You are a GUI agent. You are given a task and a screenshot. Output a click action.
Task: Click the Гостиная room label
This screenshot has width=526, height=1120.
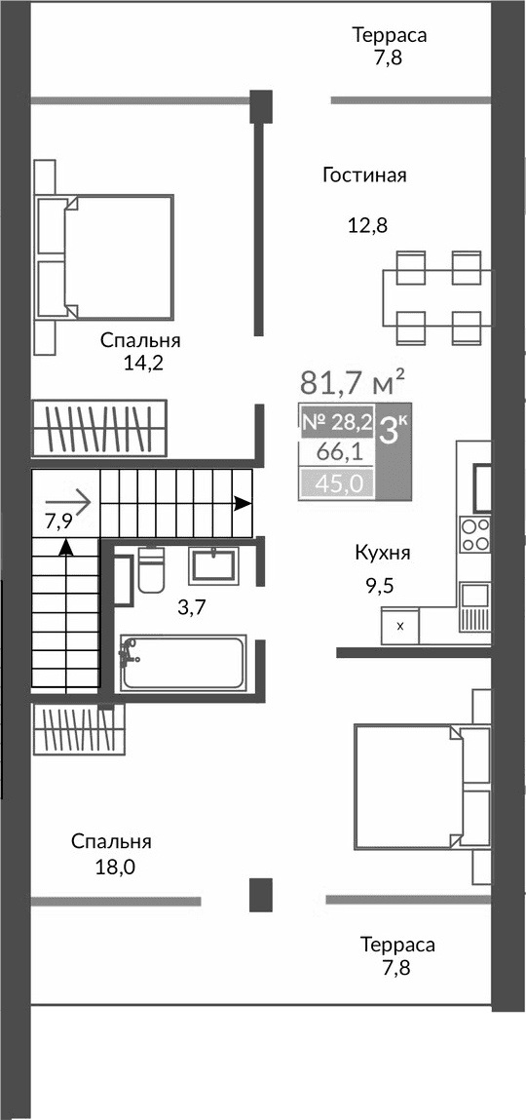[x=363, y=175]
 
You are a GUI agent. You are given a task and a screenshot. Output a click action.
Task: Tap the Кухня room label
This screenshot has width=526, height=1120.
[x=382, y=553]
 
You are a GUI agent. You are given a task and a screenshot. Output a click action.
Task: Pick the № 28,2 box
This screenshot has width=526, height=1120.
[x=336, y=422]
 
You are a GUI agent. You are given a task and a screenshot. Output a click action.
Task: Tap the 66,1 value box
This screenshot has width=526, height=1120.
[x=336, y=452]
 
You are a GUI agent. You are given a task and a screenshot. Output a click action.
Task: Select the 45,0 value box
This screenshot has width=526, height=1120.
[x=336, y=483]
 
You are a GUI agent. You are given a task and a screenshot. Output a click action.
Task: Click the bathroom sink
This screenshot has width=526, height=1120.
[x=211, y=565]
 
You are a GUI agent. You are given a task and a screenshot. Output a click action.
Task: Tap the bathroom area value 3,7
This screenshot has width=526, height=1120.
[x=191, y=607]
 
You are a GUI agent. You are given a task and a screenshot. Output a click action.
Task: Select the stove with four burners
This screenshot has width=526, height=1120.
[x=475, y=535]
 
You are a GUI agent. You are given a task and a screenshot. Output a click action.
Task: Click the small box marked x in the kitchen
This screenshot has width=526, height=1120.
[x=400, y=626]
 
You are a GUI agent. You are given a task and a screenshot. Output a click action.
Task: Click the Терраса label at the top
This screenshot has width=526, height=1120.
[x=390, y=35]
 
